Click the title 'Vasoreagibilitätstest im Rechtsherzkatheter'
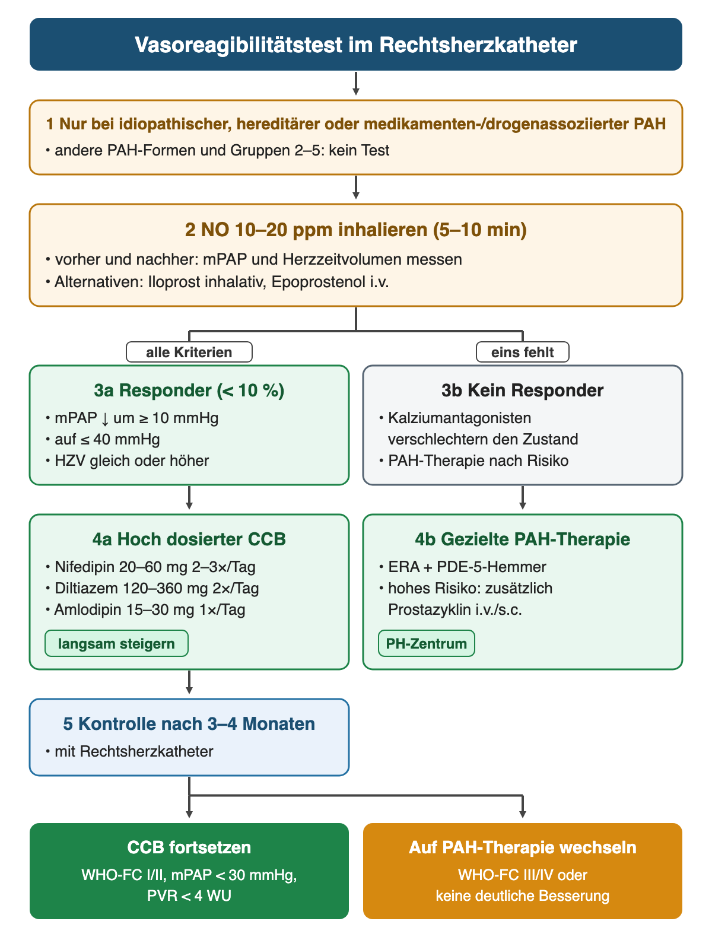click(x=355, y=45)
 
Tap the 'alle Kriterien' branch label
click(x=189, y=352)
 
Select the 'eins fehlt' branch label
click(x=523, y=352)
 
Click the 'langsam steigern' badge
click(x=116, y=643)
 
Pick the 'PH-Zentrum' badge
click(x=427, y=643)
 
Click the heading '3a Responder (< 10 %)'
click(x=189, y=390)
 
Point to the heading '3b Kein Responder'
click(x=523, y=390)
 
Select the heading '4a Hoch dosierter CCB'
click(x=189, y=539)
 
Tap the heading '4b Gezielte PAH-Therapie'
click(x=523, y=539)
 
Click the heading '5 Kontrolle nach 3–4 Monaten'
click(x=189, y=723)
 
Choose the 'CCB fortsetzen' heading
click(x=189, y=847)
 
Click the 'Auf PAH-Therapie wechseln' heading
click(x=523, y=847)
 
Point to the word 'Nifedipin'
click(x=85, y=567)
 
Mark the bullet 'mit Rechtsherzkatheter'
click(x=133, y=751)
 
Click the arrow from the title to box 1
click(x=355, y=83)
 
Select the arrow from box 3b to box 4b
click(x=523, y=497)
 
